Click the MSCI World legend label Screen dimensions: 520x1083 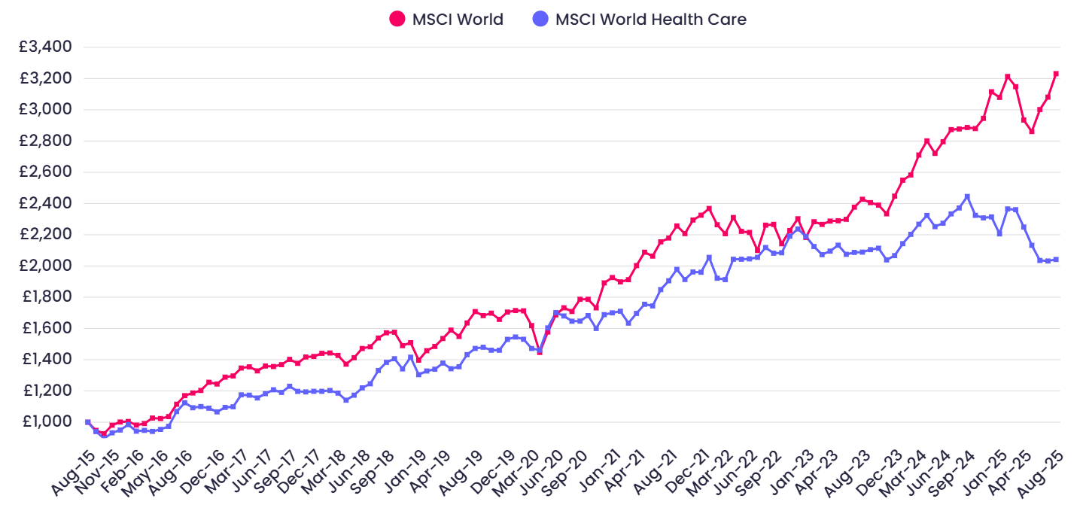coord(458,20)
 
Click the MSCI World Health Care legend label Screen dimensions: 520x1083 coord(650,20)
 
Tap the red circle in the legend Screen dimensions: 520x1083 coord(397,20)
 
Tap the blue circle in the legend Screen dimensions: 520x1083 coord(540,20)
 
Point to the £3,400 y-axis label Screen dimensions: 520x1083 coord(45,47)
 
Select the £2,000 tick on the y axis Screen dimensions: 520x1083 coord(45,266)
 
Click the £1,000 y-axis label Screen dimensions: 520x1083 coord(45,421)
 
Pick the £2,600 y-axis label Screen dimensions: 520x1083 coord(45,172)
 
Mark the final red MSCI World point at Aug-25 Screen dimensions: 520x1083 coord(1056,74)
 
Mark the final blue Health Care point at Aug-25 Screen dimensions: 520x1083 coord(1056,260)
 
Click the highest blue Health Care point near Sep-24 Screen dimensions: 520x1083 coord(967,196)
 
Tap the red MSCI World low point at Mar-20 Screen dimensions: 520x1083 coord(540,351)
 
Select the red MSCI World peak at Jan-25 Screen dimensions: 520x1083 coord(1007,77)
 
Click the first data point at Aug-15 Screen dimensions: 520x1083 coord(88,422)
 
